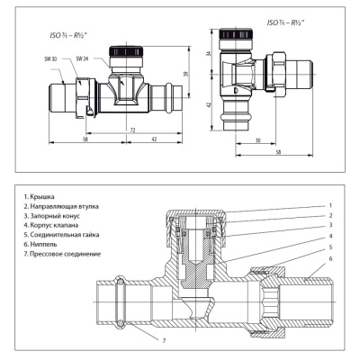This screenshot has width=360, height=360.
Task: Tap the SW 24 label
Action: coord(83,58)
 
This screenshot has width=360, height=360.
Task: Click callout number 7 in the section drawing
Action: coord(165,340)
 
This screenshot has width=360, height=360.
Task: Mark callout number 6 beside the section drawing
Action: coord(330,259)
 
